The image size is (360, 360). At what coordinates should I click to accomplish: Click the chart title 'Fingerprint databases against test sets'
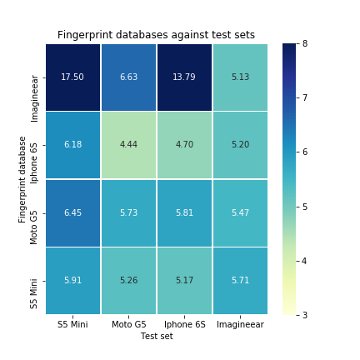pyautogui.click(x=156, y=35)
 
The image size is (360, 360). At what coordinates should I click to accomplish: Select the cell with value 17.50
pyautogui.click(x=72, y=77)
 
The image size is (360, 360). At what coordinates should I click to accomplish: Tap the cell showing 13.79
pyautogui.click(x=184, y=77)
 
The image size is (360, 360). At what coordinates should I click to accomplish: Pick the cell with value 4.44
pyautogui.click(x=128, y=145)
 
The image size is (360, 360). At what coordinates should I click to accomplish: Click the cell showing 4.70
pyautogui.click(x=184, y=145)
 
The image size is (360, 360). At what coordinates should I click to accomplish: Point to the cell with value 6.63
pyautogui.click(x=128, y=77)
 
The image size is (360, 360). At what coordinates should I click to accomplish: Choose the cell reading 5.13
pyautogui.click(x=240, y=77)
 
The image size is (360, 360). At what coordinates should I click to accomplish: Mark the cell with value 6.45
pyautogui.click(x=72, y=212)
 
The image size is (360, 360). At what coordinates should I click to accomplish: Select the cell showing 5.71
pyautogui.click(x=240, y=281)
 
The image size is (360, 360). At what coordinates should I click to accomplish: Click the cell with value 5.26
pyautogui.click(x=128, y=281)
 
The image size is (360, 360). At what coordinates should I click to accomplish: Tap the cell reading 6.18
pyautogui.click(x=72, y=145)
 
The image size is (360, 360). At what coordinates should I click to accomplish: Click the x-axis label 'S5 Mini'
pyautogui.click(x=72, y=324)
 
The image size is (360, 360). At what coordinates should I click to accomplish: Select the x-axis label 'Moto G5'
pyautogui.click(x=128, y=324)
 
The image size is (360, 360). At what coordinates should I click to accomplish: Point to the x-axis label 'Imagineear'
pyautogui.click(x=240, y=324)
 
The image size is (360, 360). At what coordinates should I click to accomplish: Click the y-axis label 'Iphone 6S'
pyautogui.click(x=34, y=145)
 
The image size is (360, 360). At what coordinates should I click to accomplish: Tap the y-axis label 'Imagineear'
pyautogui.click(x=34, y=97)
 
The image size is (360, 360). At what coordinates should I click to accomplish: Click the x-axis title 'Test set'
pyautogui.click(x=156, y=336)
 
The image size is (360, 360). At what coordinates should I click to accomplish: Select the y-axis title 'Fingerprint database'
pyautogui.click(x=22, y=179)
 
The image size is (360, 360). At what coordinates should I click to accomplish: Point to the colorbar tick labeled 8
pyautogui.click(x=305, y=43)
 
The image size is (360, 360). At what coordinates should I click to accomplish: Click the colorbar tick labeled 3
pyautogui.click(x=305, y=315)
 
